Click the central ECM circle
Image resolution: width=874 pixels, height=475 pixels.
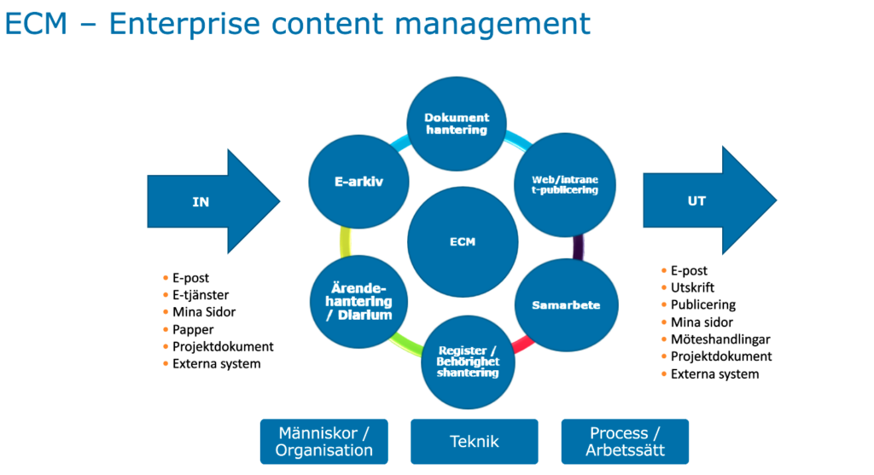463,241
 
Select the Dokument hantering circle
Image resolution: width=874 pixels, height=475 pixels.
457,124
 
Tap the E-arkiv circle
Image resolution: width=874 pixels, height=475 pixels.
358,182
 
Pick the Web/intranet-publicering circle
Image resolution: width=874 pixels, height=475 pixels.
565,185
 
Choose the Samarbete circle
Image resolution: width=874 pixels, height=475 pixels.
567,305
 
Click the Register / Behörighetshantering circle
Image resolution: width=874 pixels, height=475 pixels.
468,362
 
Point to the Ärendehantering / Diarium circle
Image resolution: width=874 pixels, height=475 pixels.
359,302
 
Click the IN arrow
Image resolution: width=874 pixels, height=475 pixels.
213,201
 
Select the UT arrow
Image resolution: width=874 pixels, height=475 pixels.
709,200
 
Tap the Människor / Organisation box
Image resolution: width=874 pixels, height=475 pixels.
323,442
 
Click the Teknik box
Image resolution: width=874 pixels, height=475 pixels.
475,442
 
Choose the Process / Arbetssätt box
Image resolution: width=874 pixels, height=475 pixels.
625,442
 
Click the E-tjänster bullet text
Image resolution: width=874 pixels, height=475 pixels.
201,295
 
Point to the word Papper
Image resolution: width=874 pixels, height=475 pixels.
193,330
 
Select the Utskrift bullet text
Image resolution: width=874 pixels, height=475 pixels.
692,288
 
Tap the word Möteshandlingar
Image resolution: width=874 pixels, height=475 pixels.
720,339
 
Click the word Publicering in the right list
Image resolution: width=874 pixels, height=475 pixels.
703,305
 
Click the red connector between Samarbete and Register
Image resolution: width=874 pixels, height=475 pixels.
523,345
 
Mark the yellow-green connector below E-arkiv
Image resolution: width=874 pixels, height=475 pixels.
345,242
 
